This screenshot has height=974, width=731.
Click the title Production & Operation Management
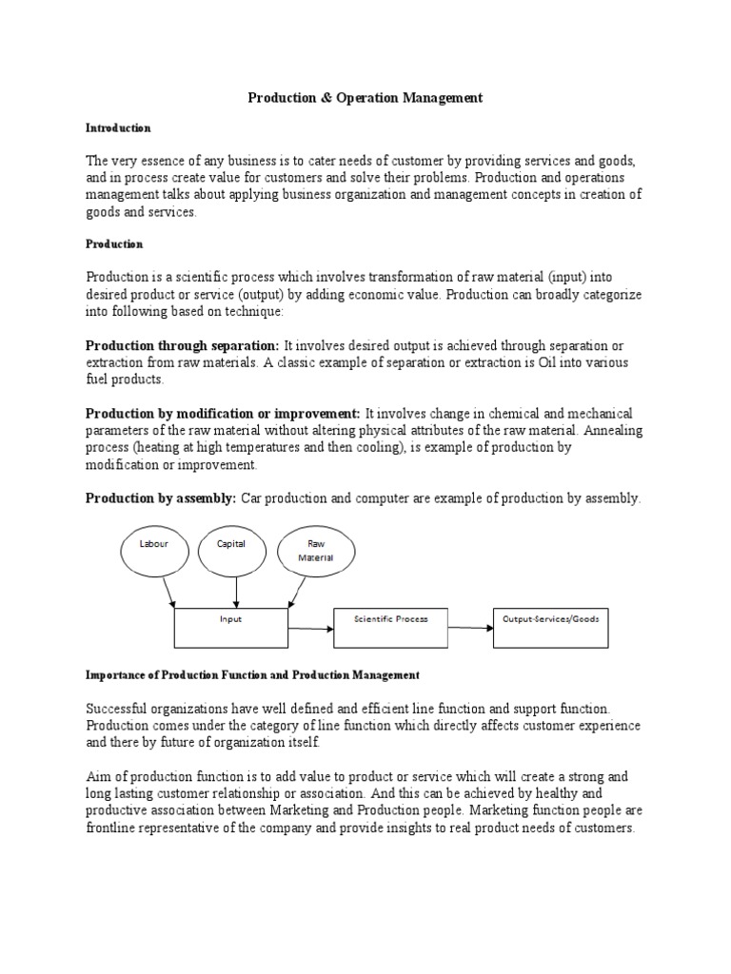tap(365, 97)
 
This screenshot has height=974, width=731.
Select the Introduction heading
tap(118, 127)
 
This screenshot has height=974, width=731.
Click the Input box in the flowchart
tap(230, 628)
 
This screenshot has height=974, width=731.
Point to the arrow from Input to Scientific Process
tap(310, 628)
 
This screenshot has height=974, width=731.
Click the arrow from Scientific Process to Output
tap(470, 628)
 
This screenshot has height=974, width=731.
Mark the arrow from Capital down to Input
tap(235, 593)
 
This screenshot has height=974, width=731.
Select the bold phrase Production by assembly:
tap(162, 498)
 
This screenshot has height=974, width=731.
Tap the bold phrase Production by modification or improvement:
tap(223, 414)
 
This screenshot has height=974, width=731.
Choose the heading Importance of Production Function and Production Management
tap(252, 675)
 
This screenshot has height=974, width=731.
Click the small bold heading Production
tap(114, 244)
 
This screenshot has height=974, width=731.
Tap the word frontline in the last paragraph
tap(113, 828)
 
